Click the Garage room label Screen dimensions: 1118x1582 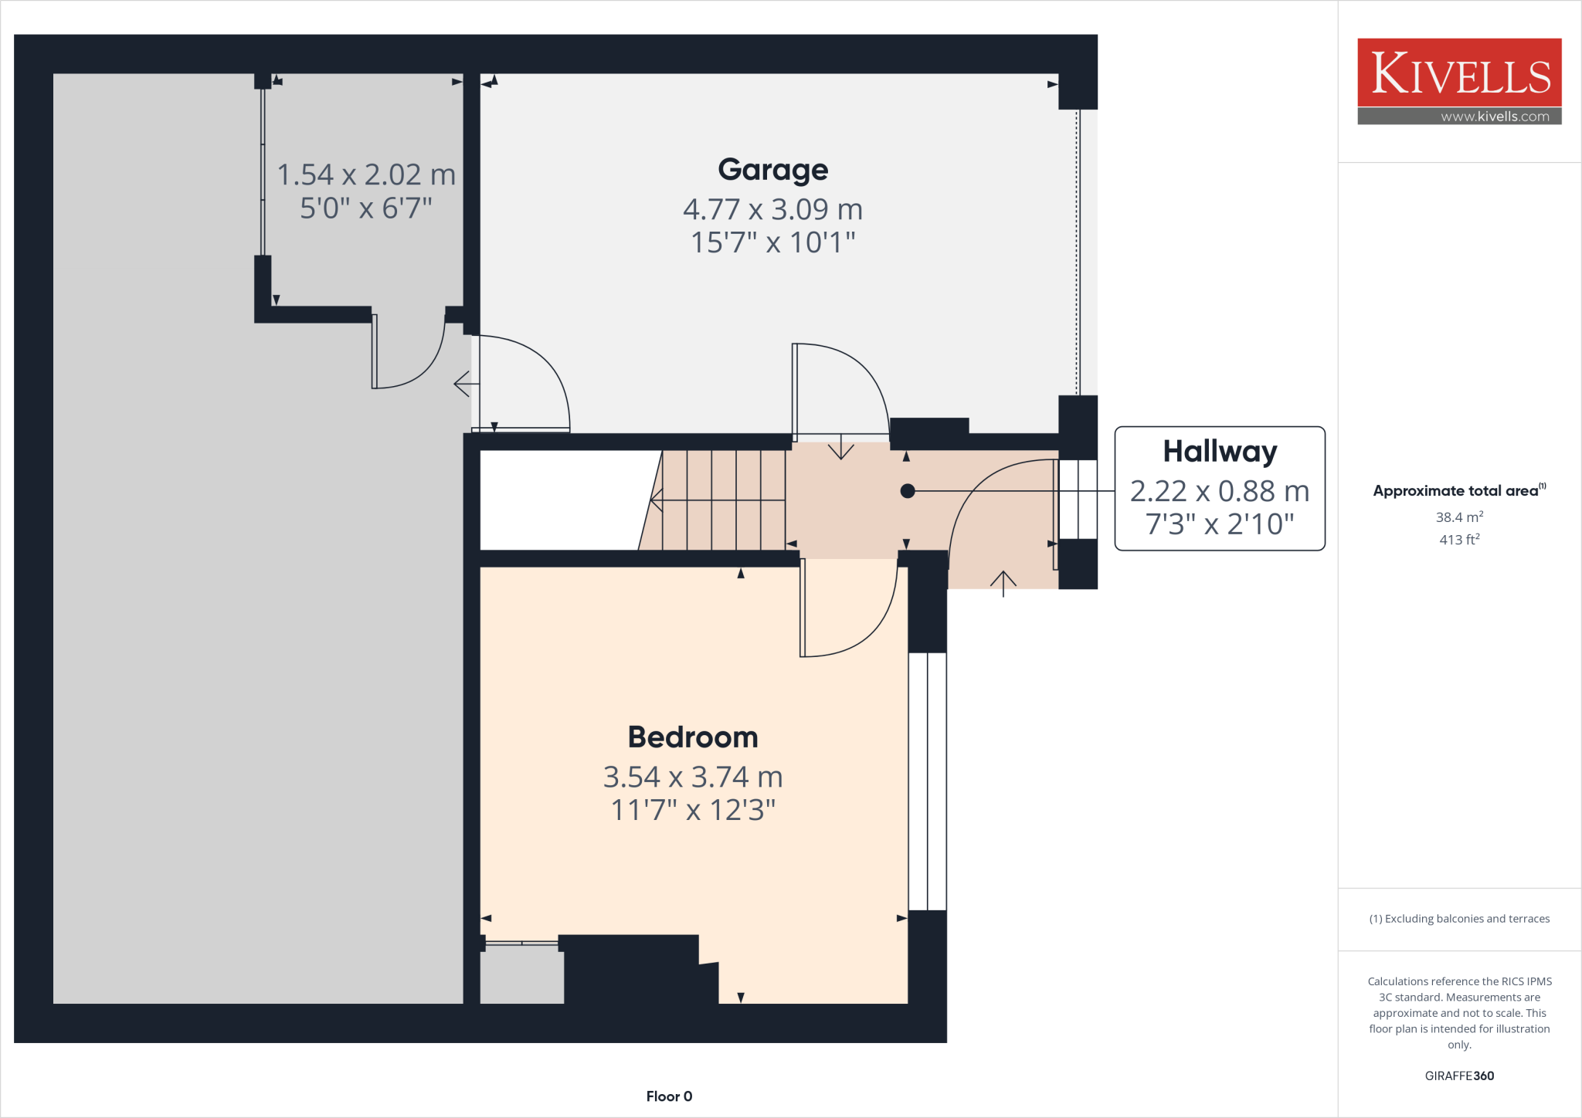[x=772, y=170]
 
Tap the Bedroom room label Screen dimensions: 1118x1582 [x=693, y=737]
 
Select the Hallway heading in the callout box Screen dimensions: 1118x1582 [x=1220, y=452]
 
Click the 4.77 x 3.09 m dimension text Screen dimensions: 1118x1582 [x=772, y=209]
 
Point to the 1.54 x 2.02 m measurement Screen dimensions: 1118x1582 [x=366, y=174]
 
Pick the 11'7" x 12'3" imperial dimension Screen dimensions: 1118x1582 [x=693, y=810]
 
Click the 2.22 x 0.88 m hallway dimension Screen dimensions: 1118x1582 [x=1220, y=491]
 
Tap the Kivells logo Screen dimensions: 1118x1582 [x=1459, y=73]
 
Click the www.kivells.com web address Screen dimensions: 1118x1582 [x=1495, y=117]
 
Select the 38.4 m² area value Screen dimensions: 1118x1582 [x=1459, y=517]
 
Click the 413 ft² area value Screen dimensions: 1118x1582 [x=1459, y=540]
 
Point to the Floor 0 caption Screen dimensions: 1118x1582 [x=669, y=1096]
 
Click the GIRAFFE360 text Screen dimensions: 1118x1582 [x=1459, y=1076]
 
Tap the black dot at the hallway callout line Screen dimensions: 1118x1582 [x=908, y=491]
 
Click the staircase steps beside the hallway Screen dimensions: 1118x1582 [x=722, y=500]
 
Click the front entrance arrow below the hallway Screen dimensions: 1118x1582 [x=1003, y=583]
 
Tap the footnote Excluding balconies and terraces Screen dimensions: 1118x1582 [x=1459, y=919]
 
